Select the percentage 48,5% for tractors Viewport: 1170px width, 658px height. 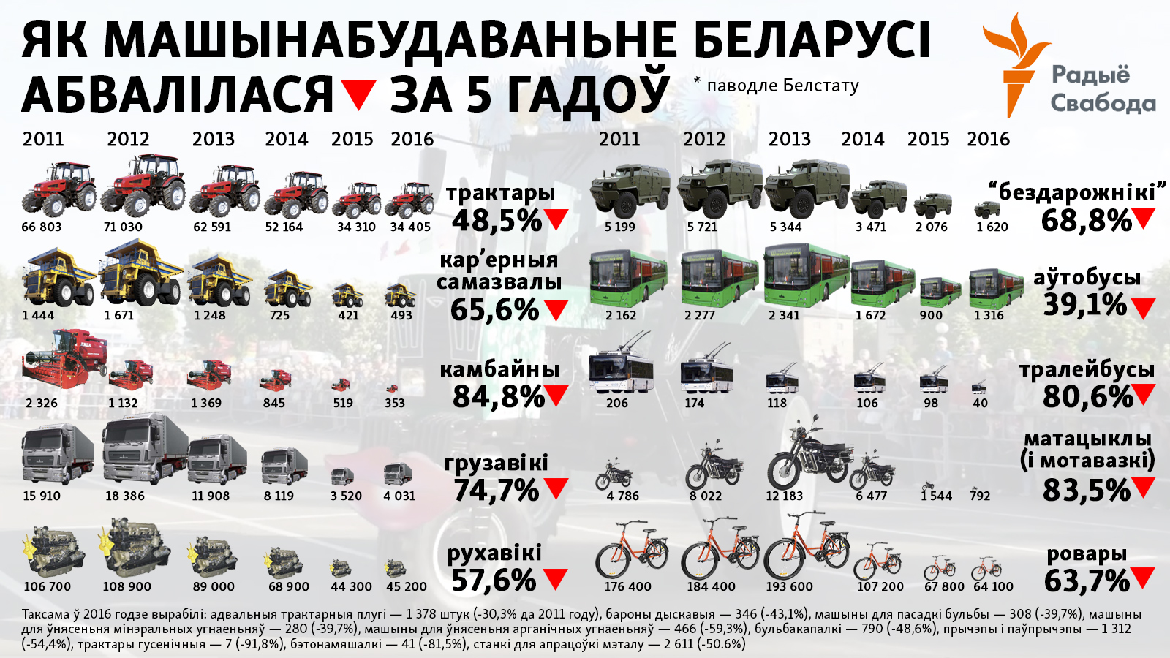[x=497, y=220]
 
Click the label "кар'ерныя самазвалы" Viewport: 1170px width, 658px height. [x=499, y=271]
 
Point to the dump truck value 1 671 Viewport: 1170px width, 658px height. [x=129, y=315]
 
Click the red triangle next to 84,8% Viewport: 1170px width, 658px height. [x=556, y=396]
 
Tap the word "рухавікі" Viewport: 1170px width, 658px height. [x=494, y=553]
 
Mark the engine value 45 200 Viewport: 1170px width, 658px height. [x=407, y=586]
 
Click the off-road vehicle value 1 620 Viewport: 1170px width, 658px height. [x=992, y=227]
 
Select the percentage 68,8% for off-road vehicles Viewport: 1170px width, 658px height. [x=1087, y=220]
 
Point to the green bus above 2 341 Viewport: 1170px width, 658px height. [x=807, y=274]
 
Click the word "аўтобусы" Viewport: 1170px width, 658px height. [x=1087, y=277]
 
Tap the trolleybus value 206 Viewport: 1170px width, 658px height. [x=616, y=403]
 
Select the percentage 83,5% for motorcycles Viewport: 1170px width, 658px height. [x=1087, y=491]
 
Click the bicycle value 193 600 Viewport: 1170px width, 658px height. [x=789, y=586]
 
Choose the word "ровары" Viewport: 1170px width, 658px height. [x=1087, y=553]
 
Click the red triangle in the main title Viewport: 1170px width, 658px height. [x=358, y=94]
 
